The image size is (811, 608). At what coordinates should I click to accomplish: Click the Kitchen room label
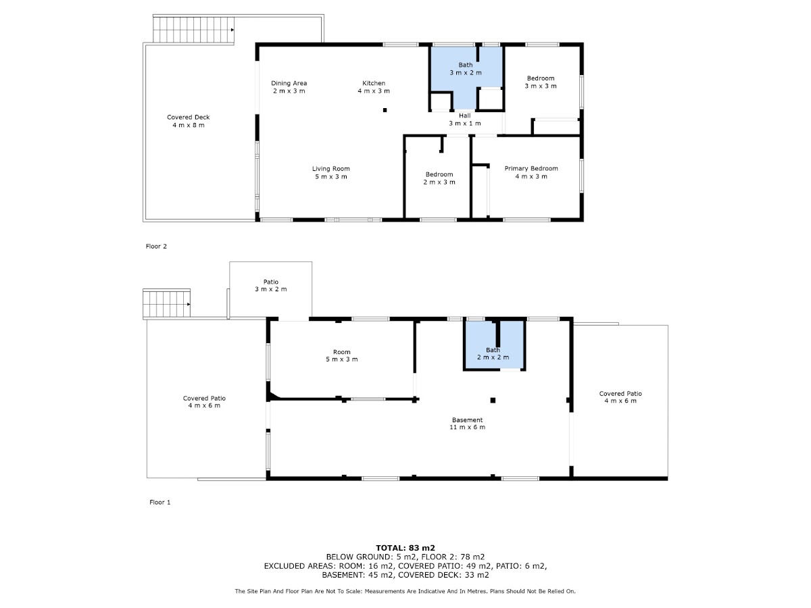374,87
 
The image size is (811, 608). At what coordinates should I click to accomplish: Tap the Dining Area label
289,87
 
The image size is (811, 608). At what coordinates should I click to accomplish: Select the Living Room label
330,172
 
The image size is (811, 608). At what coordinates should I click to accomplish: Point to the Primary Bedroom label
531,172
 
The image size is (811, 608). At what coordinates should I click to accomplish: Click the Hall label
465,120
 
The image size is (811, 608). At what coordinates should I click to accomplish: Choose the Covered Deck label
188,121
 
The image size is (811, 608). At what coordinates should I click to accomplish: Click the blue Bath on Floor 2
466,74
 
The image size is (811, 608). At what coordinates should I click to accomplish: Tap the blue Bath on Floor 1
494,345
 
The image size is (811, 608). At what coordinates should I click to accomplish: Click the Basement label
468,424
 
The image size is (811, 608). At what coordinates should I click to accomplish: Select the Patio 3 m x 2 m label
271,285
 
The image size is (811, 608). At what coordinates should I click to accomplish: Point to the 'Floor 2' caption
156,246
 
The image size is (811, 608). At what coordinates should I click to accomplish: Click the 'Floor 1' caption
160,502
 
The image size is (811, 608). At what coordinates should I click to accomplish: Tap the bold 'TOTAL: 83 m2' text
405,548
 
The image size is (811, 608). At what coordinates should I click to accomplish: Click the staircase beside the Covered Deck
193,30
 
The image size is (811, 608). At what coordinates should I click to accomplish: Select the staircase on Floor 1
167,304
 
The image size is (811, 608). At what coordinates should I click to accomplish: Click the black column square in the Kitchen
385,110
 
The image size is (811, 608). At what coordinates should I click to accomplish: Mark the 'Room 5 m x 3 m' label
342,355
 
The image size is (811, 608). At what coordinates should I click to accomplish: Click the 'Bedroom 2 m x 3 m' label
439,178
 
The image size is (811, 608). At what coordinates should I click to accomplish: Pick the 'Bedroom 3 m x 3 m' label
541,82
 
